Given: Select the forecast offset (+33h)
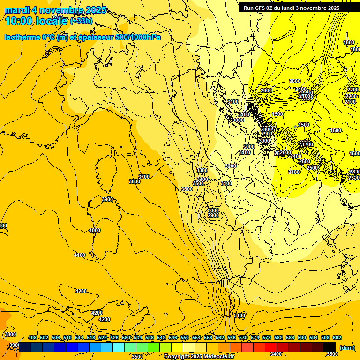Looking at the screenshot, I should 81,21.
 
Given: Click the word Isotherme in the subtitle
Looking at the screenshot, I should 22,37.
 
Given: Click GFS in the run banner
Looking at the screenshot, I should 259,7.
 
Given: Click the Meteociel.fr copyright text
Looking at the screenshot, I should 199,357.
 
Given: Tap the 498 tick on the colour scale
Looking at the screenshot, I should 32,337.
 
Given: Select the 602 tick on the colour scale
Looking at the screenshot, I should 337,337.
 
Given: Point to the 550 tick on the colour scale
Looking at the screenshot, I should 184,337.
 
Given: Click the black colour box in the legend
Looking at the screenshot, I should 330,347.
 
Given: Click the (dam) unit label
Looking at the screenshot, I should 347,347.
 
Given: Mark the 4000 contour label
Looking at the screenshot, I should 95,230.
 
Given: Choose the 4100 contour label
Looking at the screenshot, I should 80,255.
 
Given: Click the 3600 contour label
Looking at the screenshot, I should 187,189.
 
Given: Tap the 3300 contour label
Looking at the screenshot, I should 202,170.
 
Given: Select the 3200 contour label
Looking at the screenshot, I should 230,166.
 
